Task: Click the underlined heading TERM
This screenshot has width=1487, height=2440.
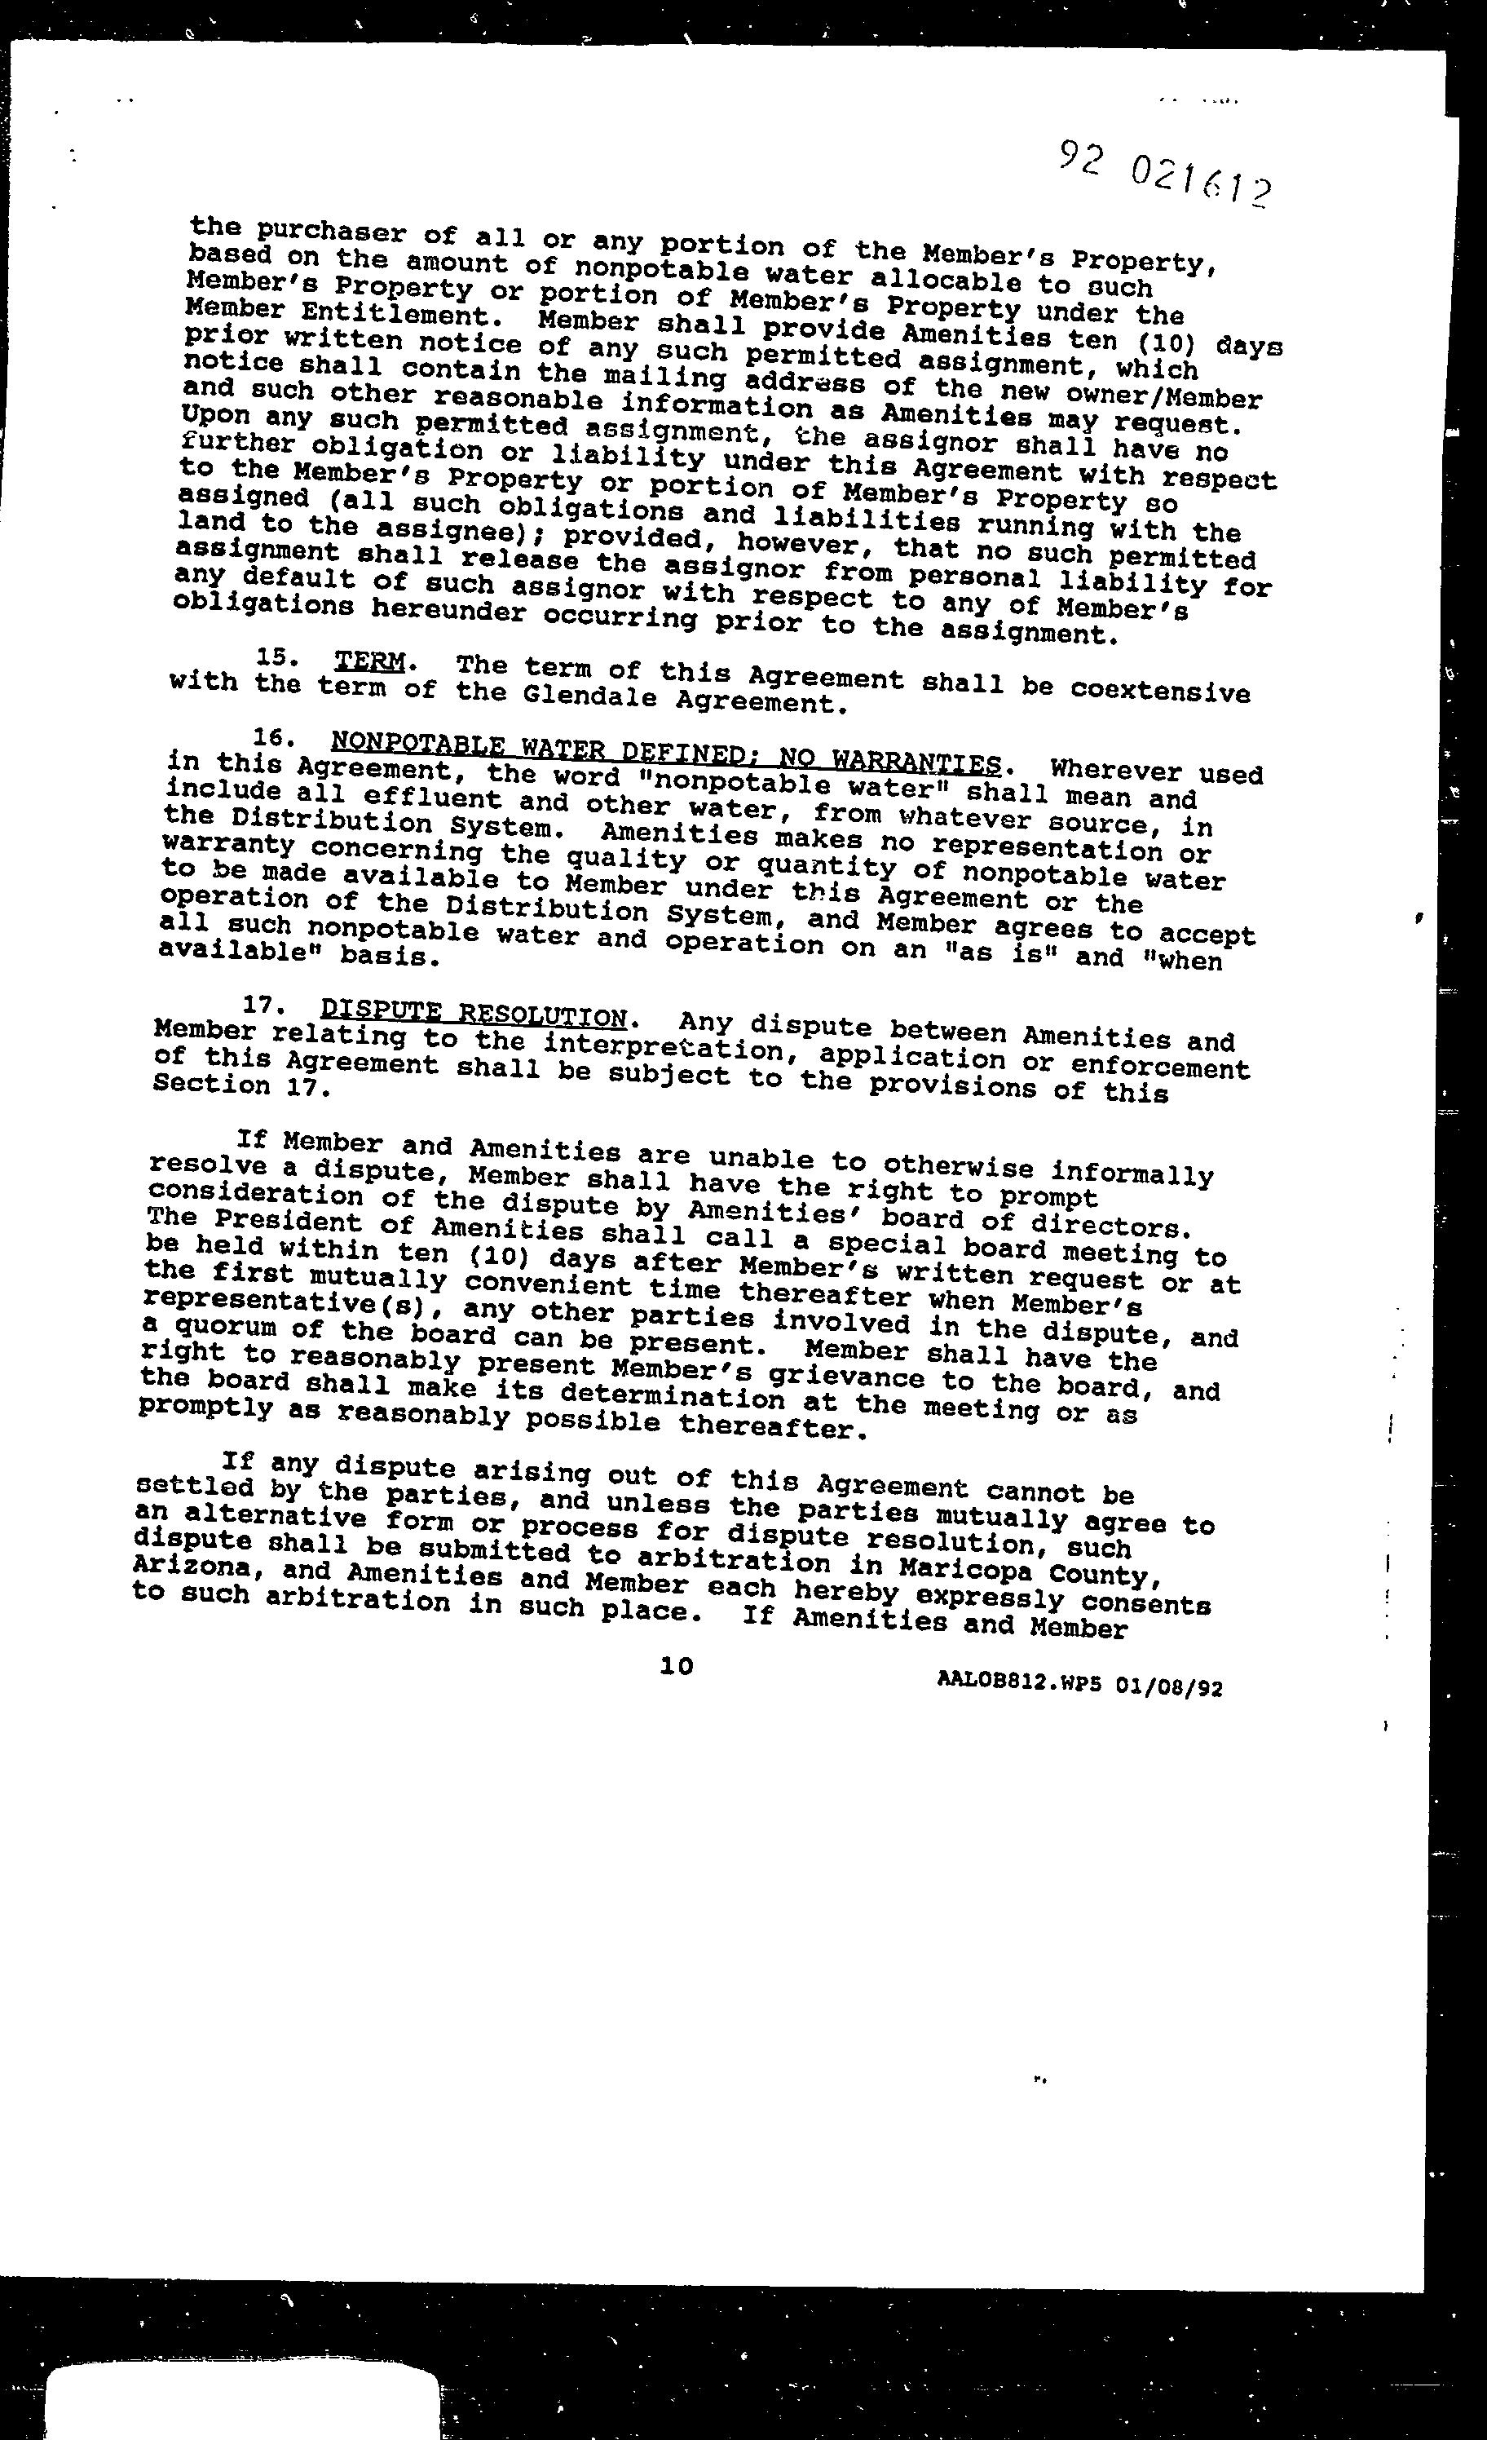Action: (369, 661)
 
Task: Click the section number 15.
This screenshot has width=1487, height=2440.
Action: (271, 656)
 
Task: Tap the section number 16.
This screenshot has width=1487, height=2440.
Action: (268, 736)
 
